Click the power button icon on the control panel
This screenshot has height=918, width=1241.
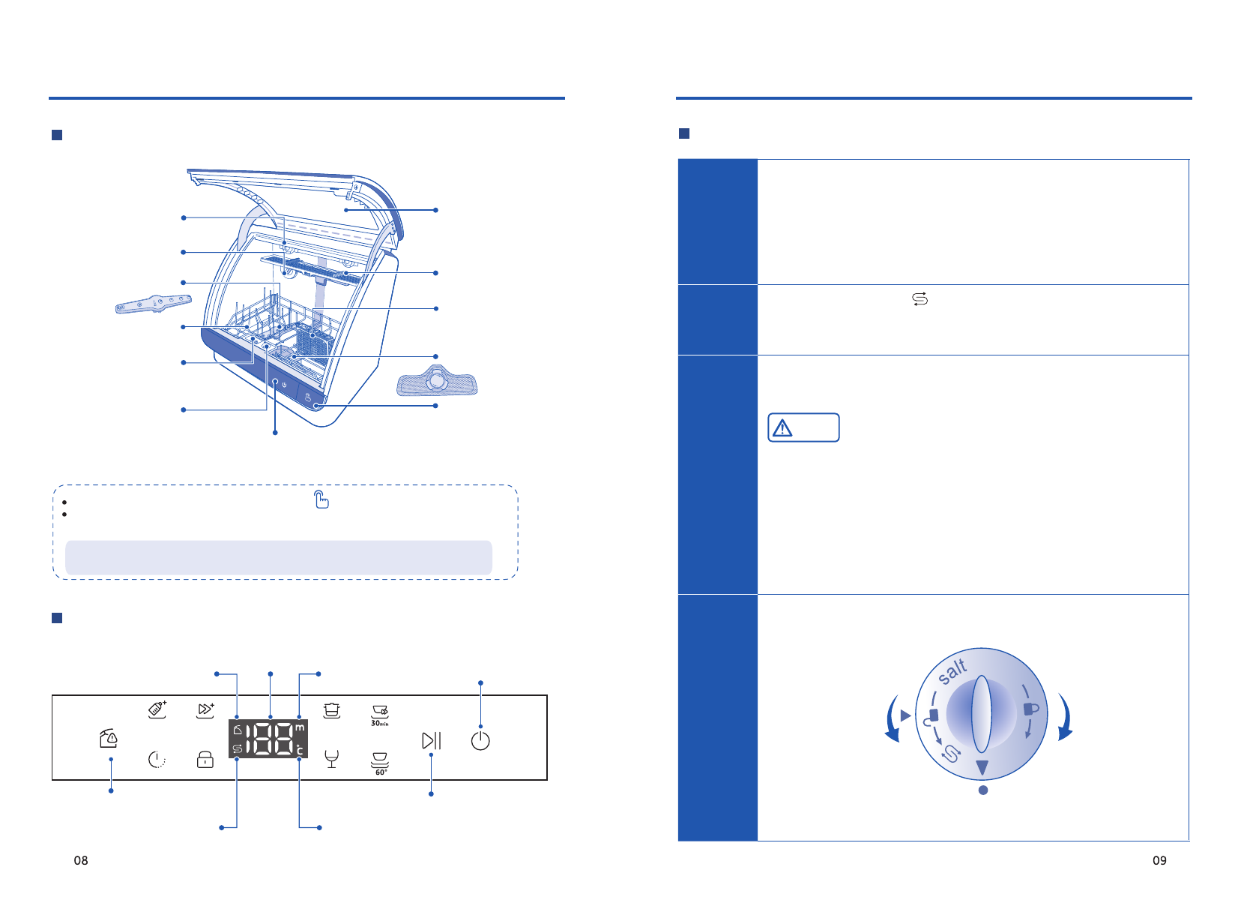tap(480, 740)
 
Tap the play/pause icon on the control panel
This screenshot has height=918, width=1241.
tap(431, 740)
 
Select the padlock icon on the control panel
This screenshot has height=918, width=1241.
tap(205, 759)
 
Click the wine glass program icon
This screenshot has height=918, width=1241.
tap(331, 759)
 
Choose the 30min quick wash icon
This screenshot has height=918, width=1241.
tap(379, 715)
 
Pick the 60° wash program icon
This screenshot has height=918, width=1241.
tap(379, 763)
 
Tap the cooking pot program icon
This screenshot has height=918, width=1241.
tap(331, 709)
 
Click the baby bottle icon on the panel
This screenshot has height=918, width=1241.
tap(157, 709)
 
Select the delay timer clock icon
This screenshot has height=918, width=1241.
tap(157, 759)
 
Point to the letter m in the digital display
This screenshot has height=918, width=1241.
tap(300, 727)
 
